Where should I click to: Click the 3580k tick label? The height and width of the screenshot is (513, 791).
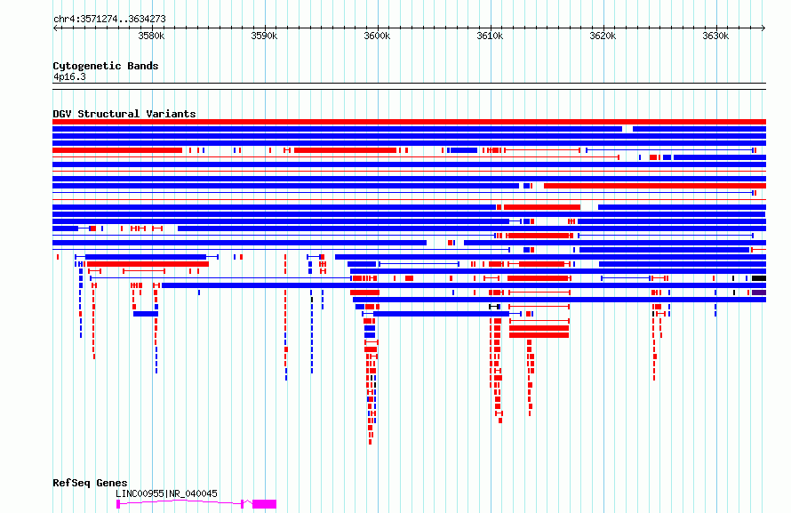pyautogui.click(x=151, y=36)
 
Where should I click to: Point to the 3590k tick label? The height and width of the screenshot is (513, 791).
pyautogui.click(x=264, y=36)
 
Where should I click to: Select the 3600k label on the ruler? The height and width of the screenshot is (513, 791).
pyautogui.click(x=378, y=36)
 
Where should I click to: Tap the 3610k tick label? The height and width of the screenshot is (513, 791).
pyautogui.click(x=490, y=36)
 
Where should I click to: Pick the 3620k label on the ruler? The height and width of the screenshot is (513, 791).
pyautogui.click(x=603, y=36)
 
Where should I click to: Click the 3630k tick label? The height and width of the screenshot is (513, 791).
pyautogui.click(x=715, y=36)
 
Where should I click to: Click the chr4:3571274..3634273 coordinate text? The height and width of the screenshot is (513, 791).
pyautogui.click(x=109, y=20)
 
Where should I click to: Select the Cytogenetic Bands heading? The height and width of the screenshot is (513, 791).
pyautogui.click(x=106, y=66)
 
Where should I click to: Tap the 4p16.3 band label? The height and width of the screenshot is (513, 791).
pyautogui.click(x=69, y=76)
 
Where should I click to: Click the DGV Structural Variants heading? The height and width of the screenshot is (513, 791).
pyautogui.click(x=124, y=114)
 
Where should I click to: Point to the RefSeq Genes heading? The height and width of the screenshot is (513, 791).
pyautogui.click(x=90, y=483)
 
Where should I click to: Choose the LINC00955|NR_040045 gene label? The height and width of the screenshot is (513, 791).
pyautogui.click(x=166, y=493)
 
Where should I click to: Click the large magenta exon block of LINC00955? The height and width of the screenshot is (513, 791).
pyautogui.click(x=264, y=504)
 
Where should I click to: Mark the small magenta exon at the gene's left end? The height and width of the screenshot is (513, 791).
pyautogui.click(x=118, y=504)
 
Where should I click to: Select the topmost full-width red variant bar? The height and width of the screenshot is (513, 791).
pyautogui.click(x=409, y=122)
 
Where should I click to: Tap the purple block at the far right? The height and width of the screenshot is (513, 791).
pyautogui.click(x=759, y=293)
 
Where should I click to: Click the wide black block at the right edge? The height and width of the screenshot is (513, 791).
pyautogui.click(x=759, y=278)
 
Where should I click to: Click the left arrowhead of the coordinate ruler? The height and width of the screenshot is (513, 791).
pyautogui.click(x=54, y=28)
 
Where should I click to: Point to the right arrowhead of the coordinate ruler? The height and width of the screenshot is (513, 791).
pyautogui.click(x=763, y=28)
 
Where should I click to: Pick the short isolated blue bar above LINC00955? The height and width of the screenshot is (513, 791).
pyautogui.click(x=146, y=314)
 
